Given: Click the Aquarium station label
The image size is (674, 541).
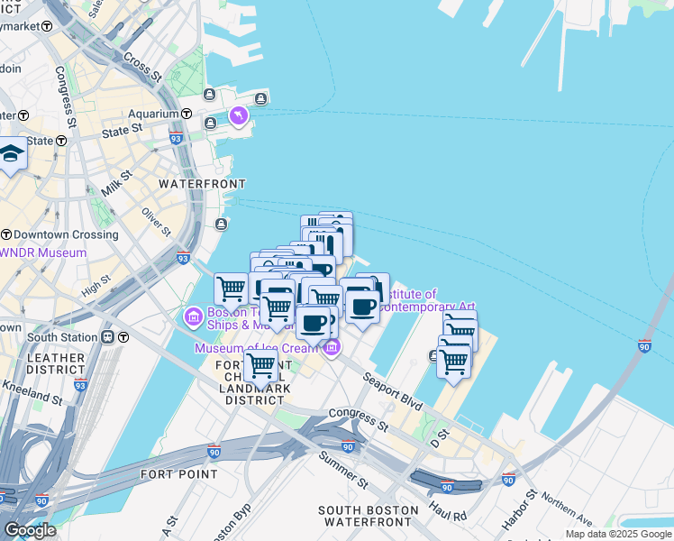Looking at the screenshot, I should click(153, 114).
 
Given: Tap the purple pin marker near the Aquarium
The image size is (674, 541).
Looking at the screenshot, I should click(238, 115).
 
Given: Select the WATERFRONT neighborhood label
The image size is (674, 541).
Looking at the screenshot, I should click(196, 183).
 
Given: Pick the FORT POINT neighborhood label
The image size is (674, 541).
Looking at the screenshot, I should click(178, 473).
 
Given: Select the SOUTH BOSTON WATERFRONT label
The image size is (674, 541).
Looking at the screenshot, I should click(369, 516).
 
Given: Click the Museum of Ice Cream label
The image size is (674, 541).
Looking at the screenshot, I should click(258, 348).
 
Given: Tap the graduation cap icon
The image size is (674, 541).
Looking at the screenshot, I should click(12, 155).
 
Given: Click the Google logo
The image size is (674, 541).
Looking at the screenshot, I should click(30, 530).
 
